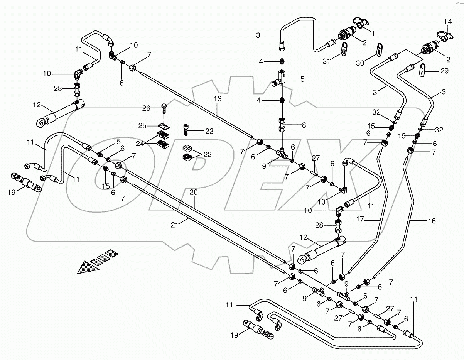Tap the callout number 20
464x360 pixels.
tap(194, 192)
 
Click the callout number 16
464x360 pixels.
tap(431, 221)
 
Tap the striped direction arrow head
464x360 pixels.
tap(86, 267)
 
